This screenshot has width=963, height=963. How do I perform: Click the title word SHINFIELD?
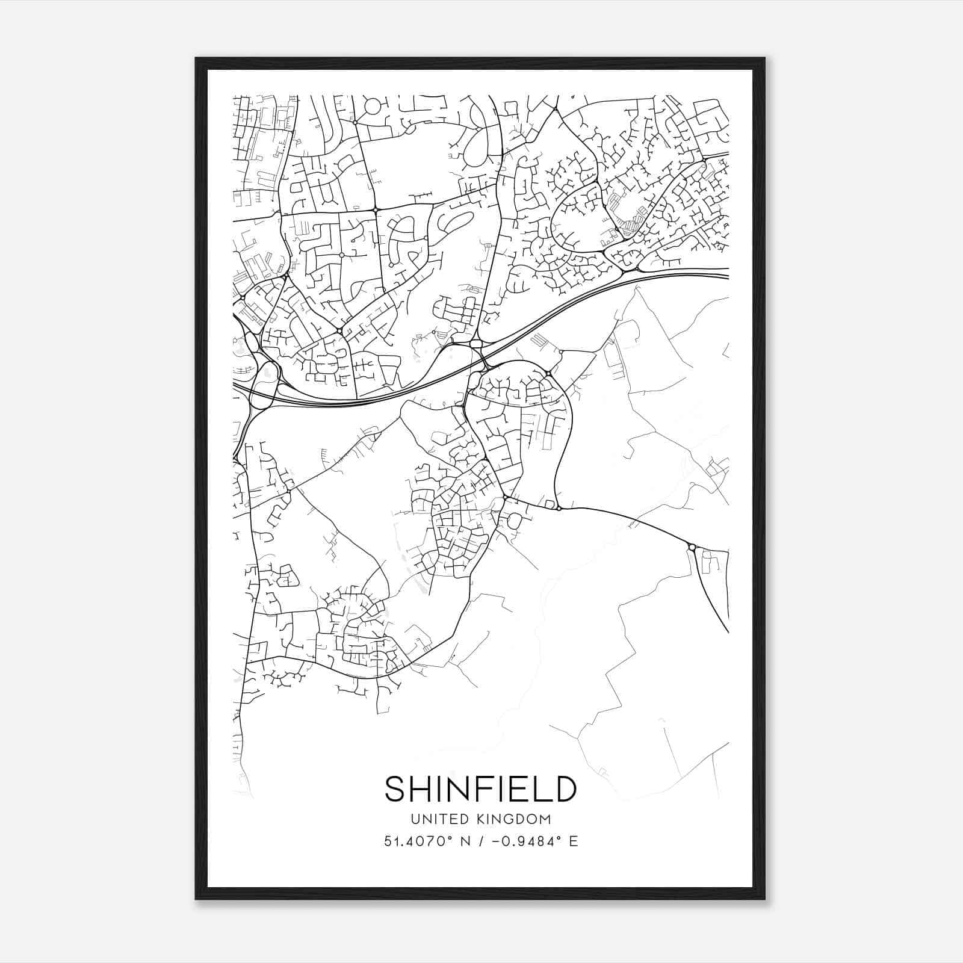(480, 789)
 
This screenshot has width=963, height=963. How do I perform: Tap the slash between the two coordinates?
(478, 841)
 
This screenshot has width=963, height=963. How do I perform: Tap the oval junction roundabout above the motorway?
(476, 344)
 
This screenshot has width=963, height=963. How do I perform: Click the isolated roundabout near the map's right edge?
(692, 547)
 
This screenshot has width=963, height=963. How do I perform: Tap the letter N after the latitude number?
(463, 841)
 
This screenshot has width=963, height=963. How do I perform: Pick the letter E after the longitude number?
(574, 841)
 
